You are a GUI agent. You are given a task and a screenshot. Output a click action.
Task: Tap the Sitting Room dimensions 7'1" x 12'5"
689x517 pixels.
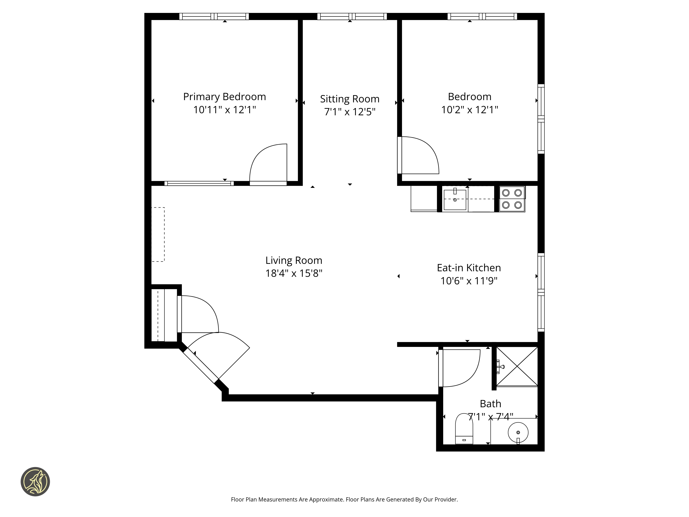[x=350, y=111]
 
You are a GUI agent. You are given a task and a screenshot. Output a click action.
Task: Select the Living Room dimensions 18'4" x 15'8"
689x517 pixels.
[x=294, y=273]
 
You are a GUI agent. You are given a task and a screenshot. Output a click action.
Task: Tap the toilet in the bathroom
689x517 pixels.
[x=464, y=428]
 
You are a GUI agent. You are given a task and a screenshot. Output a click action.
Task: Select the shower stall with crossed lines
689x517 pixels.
[x=517, y=367]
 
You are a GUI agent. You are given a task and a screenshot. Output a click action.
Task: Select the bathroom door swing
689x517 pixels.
[x=459, y=368]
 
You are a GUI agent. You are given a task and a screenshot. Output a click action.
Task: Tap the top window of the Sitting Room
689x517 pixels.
[x=352, y=17]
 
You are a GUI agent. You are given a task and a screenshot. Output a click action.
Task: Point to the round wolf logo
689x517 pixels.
[x=35, y=481]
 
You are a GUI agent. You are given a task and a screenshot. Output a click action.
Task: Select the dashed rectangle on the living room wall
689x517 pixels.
[x=158, y=234]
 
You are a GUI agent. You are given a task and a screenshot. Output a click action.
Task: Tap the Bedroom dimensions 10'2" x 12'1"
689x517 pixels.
[x=470, y=110]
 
